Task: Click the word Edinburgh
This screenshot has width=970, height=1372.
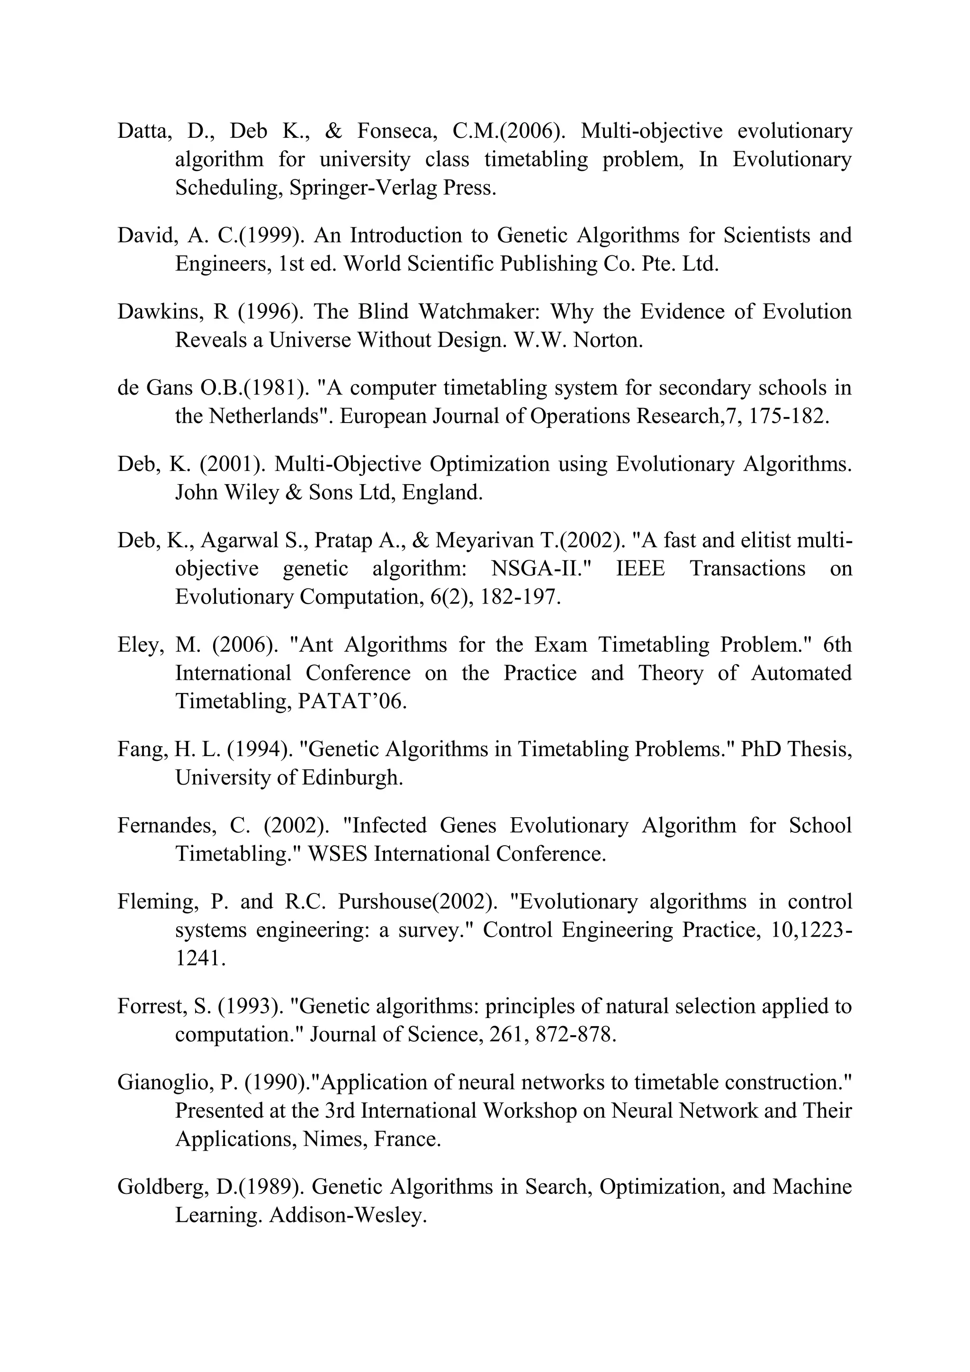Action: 352,778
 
